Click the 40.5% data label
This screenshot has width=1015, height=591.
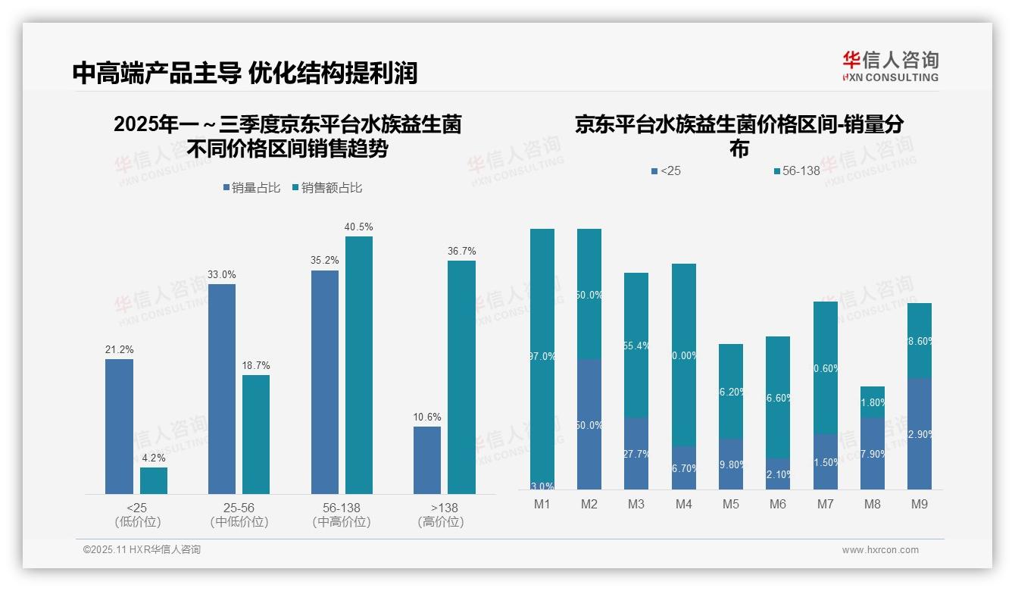[x=359, y=227]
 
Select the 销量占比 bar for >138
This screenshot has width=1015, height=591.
[x=427, y=460]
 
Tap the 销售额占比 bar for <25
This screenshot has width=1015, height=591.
[x=154, y=480]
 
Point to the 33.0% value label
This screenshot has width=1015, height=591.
[x=222, y=274]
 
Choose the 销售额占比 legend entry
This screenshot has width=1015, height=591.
[x=326, y=188]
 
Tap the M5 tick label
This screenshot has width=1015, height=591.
[x=731, y=504]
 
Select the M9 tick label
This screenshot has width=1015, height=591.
[x=919, y=504]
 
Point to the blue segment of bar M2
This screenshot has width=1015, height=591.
[x=589, y=424]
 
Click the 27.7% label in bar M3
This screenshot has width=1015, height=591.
[x=636, y=454]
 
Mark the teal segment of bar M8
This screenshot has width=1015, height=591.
[x=873, y=402]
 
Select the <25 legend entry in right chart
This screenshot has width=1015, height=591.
[x=667, y=171]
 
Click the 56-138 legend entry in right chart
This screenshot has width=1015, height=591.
[x=797, y=171]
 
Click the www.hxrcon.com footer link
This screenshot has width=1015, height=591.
[x=880, y=550]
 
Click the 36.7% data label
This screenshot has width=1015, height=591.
[x=462, y=251]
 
